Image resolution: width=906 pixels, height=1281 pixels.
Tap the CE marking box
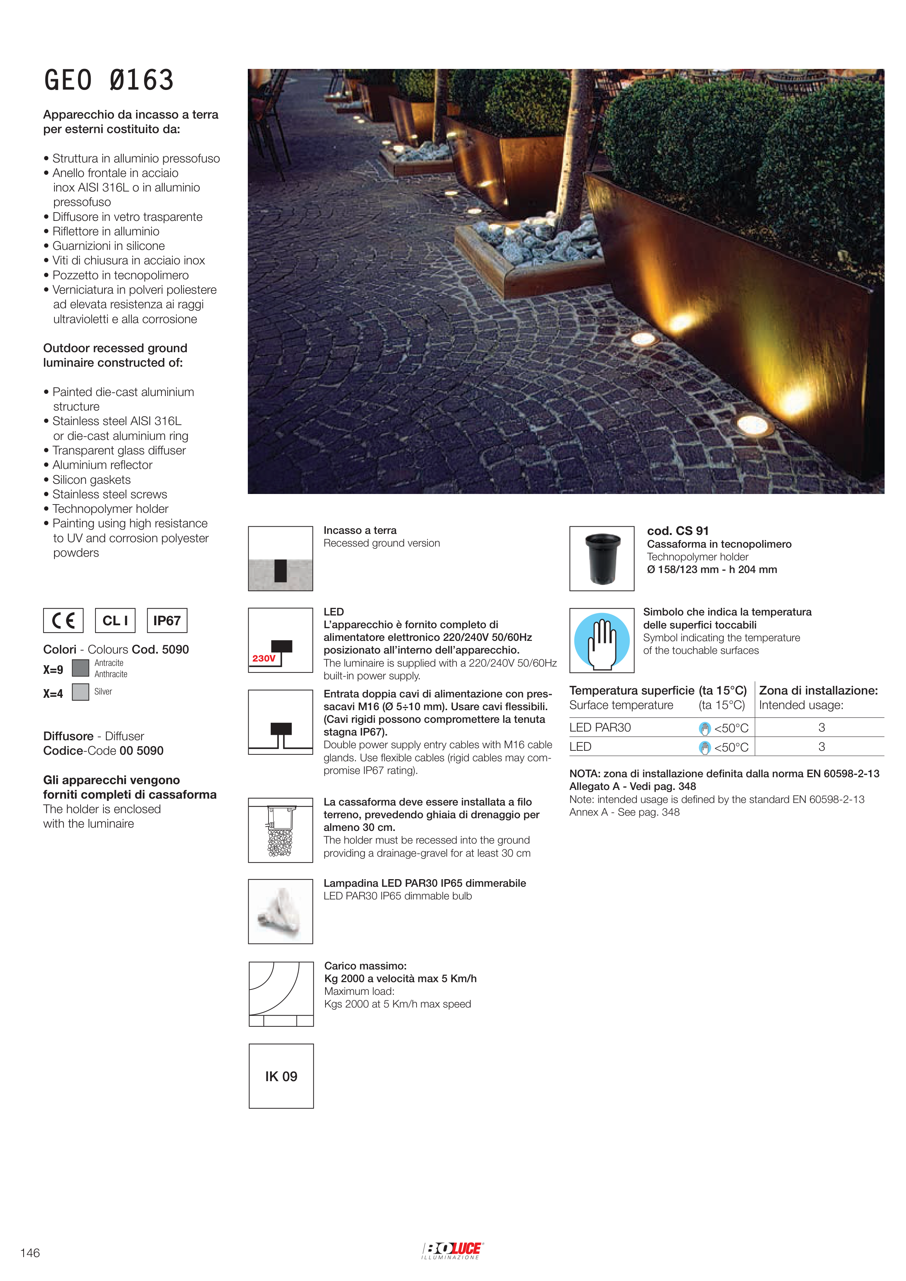63,621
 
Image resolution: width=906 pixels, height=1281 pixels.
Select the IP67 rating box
167,621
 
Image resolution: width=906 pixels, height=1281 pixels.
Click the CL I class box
115,621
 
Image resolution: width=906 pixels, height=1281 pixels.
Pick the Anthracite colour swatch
81,668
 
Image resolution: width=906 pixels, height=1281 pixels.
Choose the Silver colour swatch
81,692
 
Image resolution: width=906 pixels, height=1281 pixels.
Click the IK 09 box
281,1076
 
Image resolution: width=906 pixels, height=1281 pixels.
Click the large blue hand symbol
602,640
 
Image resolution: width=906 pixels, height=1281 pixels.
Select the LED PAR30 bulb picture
280,911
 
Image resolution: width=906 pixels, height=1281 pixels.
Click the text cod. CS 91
678,531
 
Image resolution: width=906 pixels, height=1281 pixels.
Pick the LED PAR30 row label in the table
600,728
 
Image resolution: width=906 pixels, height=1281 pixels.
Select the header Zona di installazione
818,691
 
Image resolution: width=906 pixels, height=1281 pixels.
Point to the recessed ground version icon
280,559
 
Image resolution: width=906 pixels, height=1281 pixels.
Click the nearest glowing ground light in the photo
752,425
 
